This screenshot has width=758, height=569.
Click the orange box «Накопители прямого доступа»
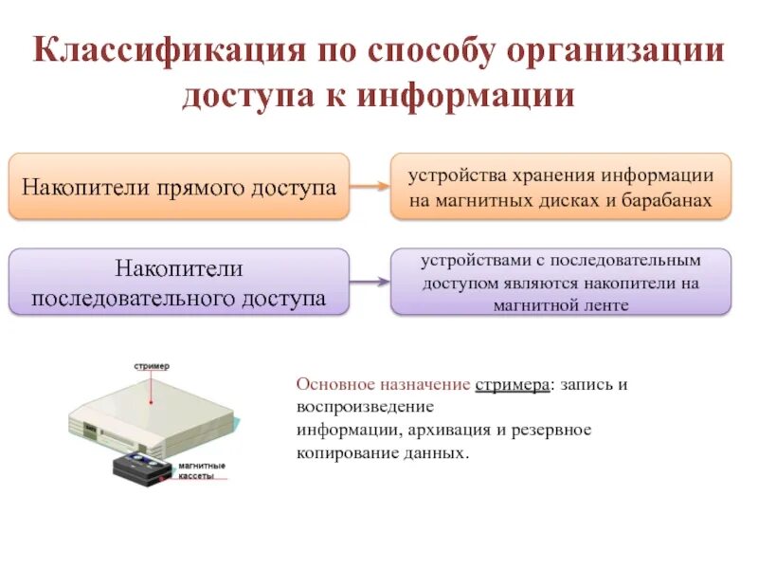(x=179, y=186)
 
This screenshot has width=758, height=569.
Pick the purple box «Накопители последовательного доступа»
(x=179, y=283)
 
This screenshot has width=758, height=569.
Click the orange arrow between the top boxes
(x=370, y=187)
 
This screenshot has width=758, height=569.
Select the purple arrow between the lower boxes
(x=370, y=282)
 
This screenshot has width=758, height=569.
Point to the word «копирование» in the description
(x=338, y=452)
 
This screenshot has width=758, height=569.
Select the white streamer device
(x=152, y=413)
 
